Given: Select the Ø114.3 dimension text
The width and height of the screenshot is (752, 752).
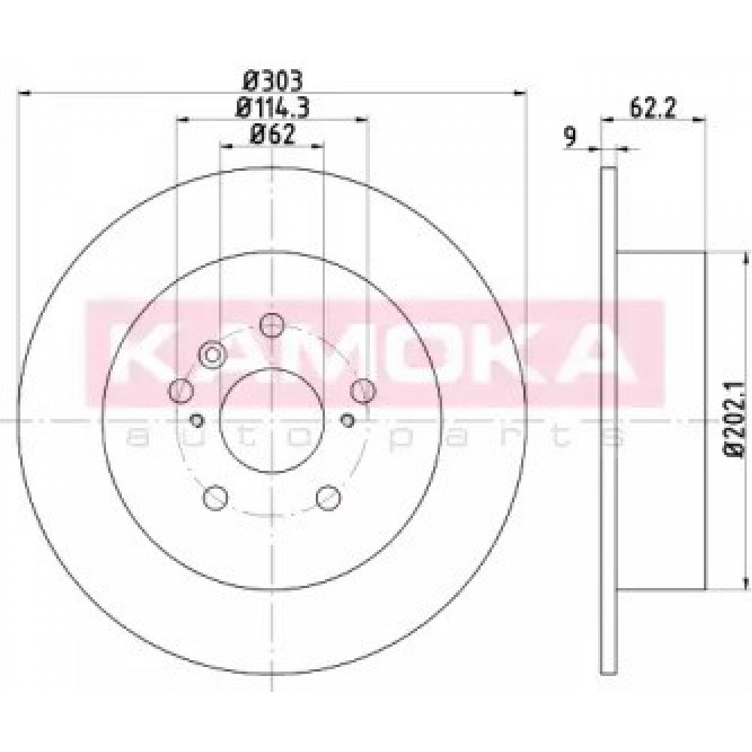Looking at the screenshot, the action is pos(272,108).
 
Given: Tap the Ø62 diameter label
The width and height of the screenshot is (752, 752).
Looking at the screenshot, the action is pos(272,135).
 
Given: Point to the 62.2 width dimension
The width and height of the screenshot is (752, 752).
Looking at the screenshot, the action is pos(652,108).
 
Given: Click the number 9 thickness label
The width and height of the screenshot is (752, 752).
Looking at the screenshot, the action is pos(570,137).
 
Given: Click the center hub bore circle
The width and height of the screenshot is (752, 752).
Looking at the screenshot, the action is pos(271,421).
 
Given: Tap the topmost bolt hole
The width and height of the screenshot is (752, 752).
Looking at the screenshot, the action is pos(271,325).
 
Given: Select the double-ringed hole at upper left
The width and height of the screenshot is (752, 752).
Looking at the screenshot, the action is pos(212,355).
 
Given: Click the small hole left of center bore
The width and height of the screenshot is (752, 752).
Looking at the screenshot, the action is pos(196,420).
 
